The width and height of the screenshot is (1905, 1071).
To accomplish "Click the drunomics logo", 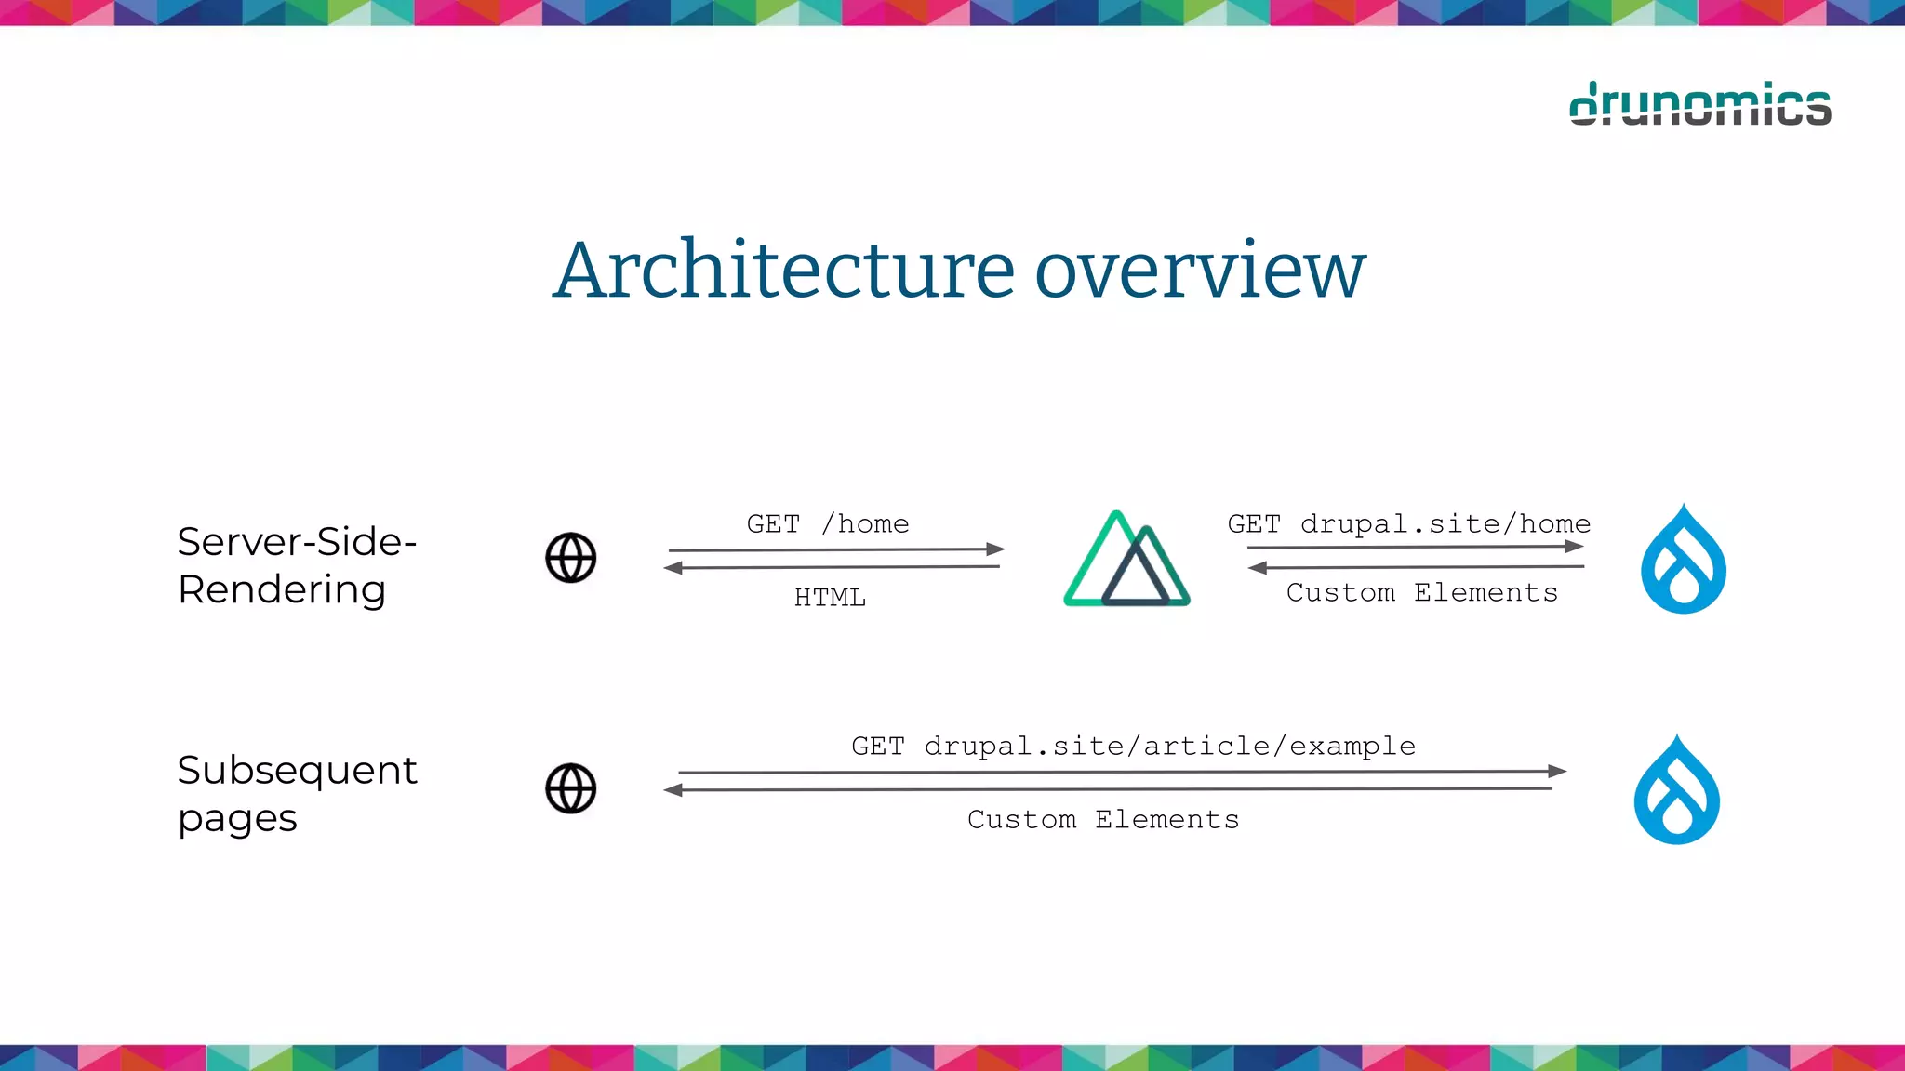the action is tap(1699, 104).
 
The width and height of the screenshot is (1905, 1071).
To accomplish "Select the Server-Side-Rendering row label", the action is tap(296, 564).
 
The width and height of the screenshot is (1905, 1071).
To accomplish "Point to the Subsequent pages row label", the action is tap(296, 793).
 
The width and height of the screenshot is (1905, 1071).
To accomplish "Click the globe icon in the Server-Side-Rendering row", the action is tap(570, 558).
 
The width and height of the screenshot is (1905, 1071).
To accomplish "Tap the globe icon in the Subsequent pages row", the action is tap(570, 788).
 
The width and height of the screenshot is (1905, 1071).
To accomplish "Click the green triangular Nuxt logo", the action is tap(1126, 560).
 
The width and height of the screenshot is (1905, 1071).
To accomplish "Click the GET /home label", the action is tap(827, 524).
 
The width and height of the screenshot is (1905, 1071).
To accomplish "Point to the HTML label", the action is tap(830, 597).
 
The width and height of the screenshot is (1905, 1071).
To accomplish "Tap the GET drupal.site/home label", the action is tap(1408, 524).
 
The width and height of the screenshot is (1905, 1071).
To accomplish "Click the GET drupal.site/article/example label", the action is tap(1133, 746).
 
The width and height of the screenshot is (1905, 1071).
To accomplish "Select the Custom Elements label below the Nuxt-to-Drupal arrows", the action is tap(1421, 592).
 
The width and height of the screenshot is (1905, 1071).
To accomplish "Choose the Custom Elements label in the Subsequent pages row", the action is tap(1102, 819).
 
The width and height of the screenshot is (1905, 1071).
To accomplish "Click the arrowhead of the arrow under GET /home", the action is tap(995, 549).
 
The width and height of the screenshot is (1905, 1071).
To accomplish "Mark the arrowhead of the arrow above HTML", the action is tap(673, 567).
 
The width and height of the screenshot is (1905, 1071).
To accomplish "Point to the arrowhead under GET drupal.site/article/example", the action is tap(1557, 771).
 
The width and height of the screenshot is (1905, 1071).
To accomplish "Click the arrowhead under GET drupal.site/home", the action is tap(1574, 547).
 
